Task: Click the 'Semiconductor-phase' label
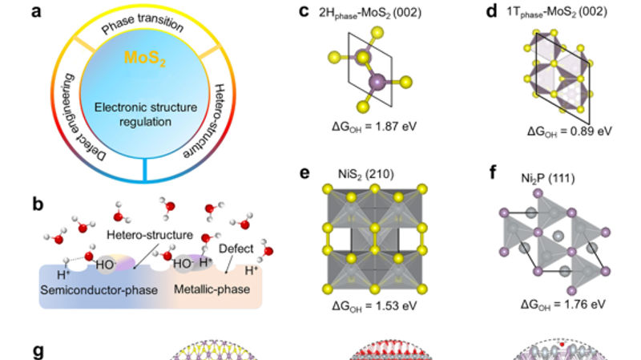pyautogui.click(x=94, y=288)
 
